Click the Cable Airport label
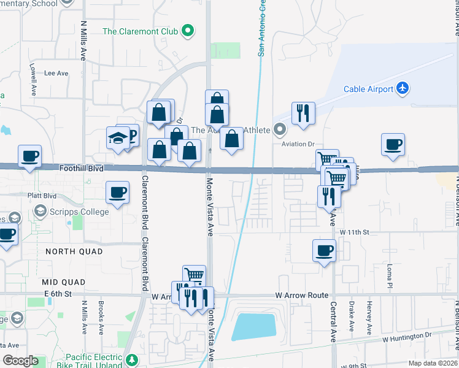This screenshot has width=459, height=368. (368, 89)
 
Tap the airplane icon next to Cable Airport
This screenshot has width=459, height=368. (403, 88)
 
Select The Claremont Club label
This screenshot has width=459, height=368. (141, 31)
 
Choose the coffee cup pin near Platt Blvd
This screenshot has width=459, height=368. (117, 193)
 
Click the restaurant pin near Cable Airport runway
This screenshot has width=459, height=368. (303, 113)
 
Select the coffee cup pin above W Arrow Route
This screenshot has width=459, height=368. (324, 250)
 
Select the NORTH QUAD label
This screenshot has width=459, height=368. (68, 251)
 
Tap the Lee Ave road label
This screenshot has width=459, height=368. (57, 73)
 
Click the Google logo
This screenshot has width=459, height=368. (20, 361)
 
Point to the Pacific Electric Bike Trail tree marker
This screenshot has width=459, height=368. (131, 359)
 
